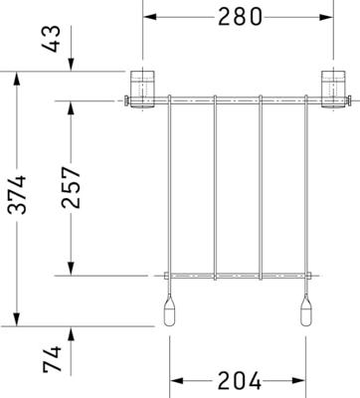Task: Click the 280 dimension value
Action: (x=240, y=17)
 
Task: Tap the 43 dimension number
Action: (x=53, y=39)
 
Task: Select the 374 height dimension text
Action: (x=17, y=195)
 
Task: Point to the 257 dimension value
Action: (x=72, y=188)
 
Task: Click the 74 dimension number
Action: (x=53, y=359)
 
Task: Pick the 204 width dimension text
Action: (x=240, y=381)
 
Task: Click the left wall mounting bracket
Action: (x=142, y=90)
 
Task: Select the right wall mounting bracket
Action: (x=334, y=90)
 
